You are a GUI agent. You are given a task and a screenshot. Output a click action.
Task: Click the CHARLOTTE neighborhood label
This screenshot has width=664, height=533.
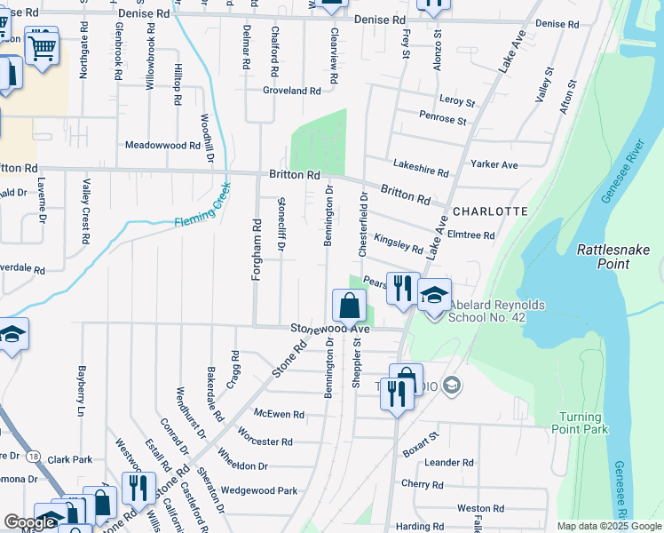(x=489, y=211)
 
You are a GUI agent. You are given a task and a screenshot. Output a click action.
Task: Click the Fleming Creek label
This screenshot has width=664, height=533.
(x=202, y=208)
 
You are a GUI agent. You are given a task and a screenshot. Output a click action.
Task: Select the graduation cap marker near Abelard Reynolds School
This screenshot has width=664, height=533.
(x=434, y=296)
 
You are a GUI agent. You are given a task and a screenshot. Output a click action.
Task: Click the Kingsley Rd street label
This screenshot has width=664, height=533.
(x=399, y=243)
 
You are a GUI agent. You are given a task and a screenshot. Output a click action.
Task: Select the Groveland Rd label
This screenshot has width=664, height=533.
(x=291, y=91)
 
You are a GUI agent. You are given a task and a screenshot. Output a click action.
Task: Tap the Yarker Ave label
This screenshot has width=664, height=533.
(x=494, y=164)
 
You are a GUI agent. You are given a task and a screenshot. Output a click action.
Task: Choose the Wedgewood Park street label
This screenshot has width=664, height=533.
(x=258, y=489)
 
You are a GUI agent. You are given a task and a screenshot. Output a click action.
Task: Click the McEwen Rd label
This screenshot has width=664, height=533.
(x=279, y=414)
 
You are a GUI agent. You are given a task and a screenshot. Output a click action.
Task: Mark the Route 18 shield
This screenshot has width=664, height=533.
(x=33, y=455)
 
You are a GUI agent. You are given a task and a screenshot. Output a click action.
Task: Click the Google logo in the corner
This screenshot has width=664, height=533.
(x=29, y=522)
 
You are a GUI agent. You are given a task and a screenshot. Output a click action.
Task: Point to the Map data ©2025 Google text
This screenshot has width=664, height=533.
(x=607, y=526)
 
